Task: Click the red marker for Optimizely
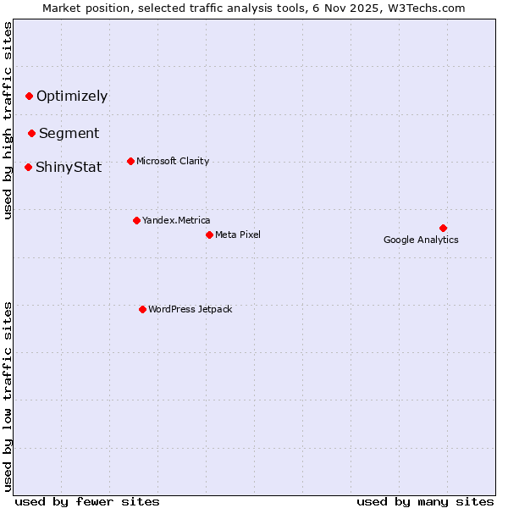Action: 29,96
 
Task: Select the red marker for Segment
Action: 31,133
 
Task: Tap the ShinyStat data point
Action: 28,167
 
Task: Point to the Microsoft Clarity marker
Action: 130,161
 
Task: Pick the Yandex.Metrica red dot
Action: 136,220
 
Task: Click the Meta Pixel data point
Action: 209,235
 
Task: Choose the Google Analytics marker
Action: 443,228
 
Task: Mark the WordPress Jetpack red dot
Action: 142,309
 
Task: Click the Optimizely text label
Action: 72,96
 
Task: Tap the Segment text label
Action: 69,133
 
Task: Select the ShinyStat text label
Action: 69,167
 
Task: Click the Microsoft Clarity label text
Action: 173,161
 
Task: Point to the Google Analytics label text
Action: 421,240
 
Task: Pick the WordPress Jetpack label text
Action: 190,309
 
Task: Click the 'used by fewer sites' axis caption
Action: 87,501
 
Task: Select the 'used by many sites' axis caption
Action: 425,501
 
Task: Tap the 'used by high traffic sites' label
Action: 8,121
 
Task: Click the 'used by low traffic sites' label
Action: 8,396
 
